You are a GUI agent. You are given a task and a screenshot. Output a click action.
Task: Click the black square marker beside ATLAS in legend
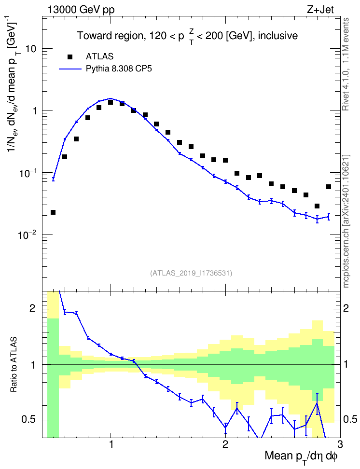coord(70,57)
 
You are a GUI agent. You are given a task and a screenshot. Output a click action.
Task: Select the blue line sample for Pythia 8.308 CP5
coord(70,69)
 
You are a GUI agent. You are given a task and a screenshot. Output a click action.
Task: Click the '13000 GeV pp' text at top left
coord(81,10)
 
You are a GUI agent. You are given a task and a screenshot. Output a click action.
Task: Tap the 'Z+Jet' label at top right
coord(320,10)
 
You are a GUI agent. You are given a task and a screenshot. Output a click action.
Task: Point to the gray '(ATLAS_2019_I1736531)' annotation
coord(191,273)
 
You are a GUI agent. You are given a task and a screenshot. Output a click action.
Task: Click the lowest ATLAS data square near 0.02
coord(53,212)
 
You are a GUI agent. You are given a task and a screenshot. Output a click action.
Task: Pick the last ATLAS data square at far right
coord(329,187)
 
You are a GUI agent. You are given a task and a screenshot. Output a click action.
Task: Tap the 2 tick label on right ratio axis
coord(346,308)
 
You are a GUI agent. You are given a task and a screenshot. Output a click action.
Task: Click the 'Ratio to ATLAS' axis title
coord(14,364)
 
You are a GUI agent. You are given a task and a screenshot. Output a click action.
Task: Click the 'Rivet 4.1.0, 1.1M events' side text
coord(346,64)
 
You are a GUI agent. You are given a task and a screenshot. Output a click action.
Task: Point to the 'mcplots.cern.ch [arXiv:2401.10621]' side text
coord(346,221)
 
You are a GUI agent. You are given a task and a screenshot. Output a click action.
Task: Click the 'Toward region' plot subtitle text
coord(110,36)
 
